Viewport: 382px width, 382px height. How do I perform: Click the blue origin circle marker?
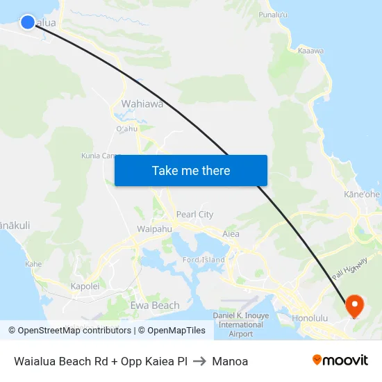[28, 22]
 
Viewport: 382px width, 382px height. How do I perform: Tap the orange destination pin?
[354, 305]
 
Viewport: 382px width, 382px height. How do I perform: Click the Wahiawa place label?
[142, 104]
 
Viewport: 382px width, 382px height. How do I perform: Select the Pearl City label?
[195, 215]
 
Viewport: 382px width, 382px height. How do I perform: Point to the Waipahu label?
[154, 229]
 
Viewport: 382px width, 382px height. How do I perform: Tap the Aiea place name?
[231, 233]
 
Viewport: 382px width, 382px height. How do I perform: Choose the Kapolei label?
[85, 285]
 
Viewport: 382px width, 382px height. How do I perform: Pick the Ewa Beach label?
[155, 305]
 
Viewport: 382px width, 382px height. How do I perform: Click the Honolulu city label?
[310, 318]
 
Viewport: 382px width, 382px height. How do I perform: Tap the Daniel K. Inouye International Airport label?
[240, 324]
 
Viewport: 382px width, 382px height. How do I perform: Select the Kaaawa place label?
[310, 51]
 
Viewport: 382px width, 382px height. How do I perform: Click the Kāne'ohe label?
[361, 194]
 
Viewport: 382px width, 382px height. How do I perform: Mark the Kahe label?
[33, 264]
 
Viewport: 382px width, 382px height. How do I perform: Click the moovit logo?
[340, 360]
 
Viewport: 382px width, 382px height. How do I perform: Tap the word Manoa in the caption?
[230, 361]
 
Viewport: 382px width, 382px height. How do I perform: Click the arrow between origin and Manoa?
[199, 361]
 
